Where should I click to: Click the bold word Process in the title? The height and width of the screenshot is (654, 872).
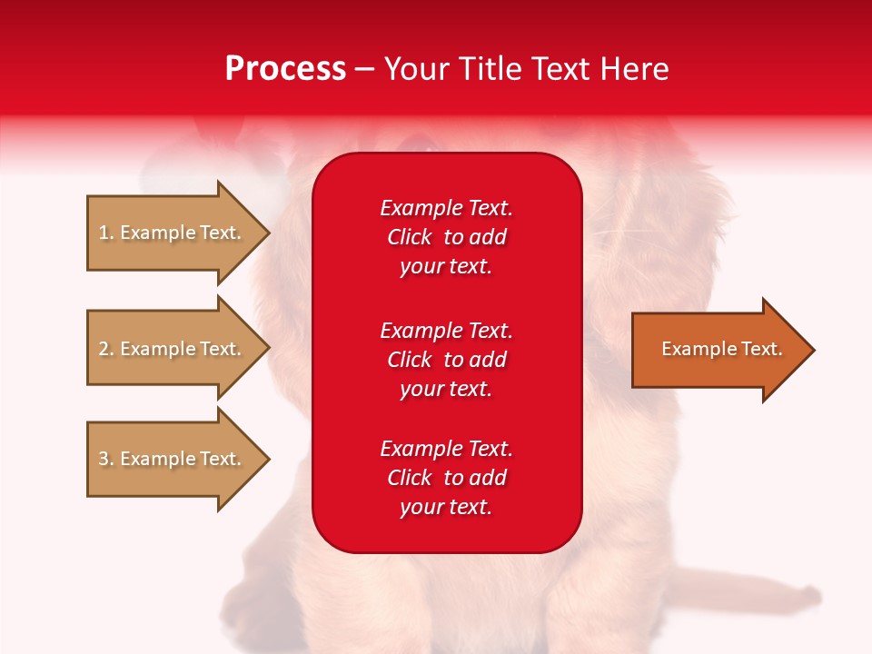[x=285, y=69]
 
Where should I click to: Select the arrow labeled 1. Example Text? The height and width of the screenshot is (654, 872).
[x=173, y=233]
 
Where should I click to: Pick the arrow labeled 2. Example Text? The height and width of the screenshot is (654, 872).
[x=173, y=349]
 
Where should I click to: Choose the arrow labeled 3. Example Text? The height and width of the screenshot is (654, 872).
[x=173, y=459]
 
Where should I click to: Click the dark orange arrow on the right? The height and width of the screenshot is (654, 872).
[x=718, y=350]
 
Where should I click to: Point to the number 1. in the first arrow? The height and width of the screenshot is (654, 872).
[x=106, y=233]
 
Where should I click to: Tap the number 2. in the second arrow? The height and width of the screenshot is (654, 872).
[x=106, y=349]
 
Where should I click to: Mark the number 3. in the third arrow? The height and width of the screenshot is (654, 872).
[x=106, y=459]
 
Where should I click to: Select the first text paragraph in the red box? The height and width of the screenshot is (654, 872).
[x=446, y=237]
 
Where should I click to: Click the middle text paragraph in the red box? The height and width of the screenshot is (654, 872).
[x=446, y=360]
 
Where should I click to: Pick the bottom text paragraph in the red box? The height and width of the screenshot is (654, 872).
[x=446, y=478]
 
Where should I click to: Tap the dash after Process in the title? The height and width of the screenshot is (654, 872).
[x=363, y=70]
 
